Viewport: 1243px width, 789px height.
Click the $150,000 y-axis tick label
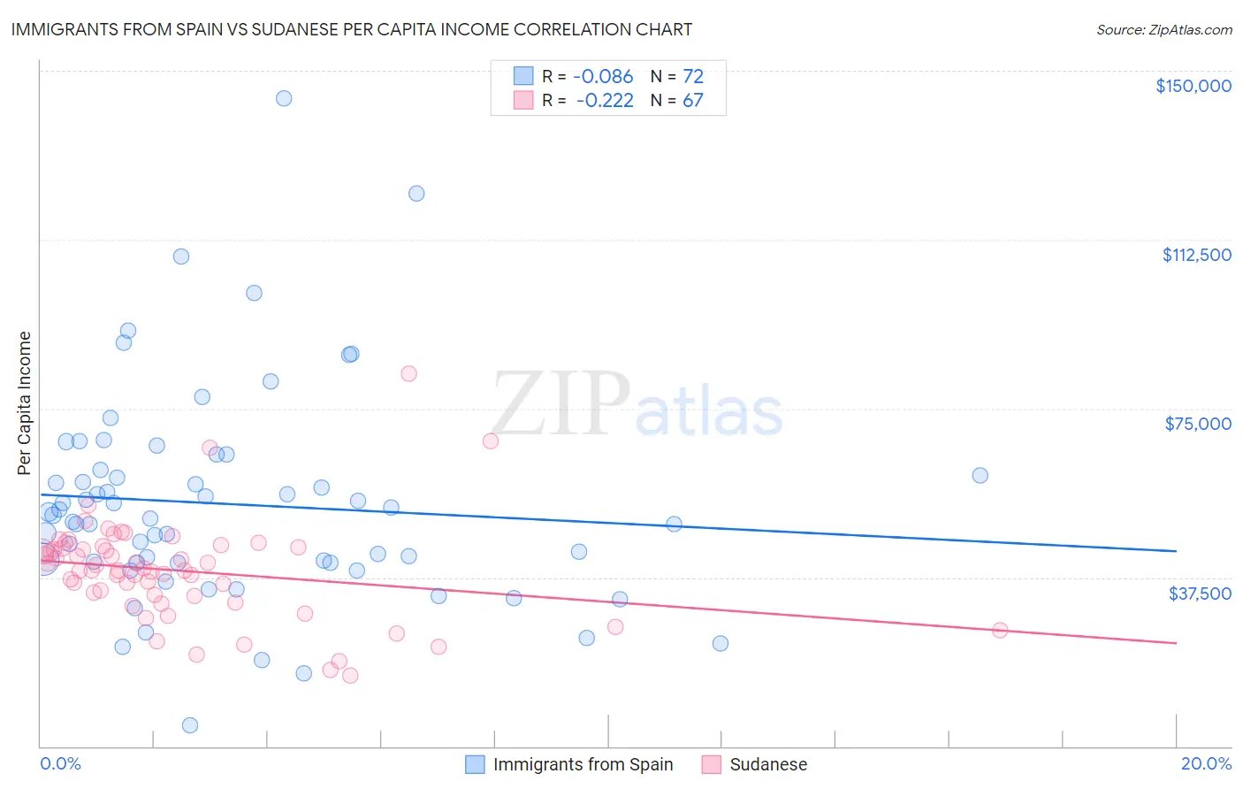tap(1193, 86)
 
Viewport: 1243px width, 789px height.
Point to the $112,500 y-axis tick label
tap(1196, 255)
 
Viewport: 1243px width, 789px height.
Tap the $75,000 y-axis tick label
tap(1198, 424)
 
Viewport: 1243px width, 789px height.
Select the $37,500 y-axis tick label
tap(1200, 594)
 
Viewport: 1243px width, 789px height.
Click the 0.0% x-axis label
tap(60, 763)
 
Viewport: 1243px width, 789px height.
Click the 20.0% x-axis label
tap(1206, 763)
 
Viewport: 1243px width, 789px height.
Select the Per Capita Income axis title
tap(25, 403)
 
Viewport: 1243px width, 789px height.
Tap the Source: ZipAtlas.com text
tap(1163, 29)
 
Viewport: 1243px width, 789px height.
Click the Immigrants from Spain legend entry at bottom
tap(583, 764)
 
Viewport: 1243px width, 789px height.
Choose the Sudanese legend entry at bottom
tap(767, 764)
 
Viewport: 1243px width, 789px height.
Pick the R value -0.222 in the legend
tap(606, 101)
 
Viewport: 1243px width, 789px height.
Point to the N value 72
tap(692, 77)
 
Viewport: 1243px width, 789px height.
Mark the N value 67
tap(692, 101)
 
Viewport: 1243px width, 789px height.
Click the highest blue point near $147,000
tap(284, 98)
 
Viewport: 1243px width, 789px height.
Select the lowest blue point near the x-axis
tap(189, 725)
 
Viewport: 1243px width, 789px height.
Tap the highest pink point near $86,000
tap(408, 373)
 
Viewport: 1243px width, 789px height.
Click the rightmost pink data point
tap(1000, 630)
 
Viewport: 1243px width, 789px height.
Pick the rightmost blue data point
tap(980, 475)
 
